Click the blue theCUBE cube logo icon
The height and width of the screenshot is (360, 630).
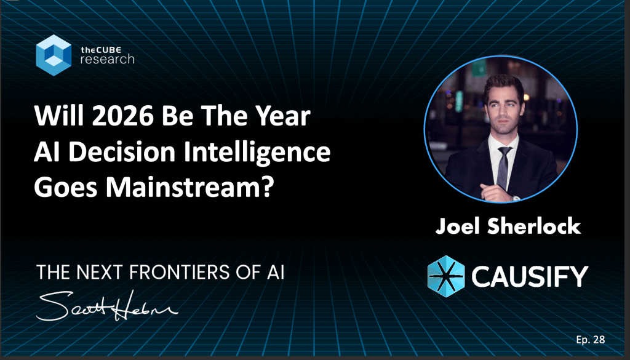[x=54, y=55]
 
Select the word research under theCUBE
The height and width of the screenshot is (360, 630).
[x=107, y=59]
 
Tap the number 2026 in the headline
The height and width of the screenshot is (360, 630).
[x=123, y=116]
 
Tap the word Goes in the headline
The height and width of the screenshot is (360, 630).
[x=66, y=188]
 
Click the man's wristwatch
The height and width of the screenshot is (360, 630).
[x=516, y=198]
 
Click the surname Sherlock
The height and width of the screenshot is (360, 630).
[x=534, y=226]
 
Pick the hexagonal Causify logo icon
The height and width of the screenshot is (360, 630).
[x=446, y=276]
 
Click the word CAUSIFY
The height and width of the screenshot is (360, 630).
[x=530, y=276]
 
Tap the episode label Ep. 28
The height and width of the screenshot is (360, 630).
[x=591, y=340]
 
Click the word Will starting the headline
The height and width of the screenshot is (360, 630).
[x=60, y=116]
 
